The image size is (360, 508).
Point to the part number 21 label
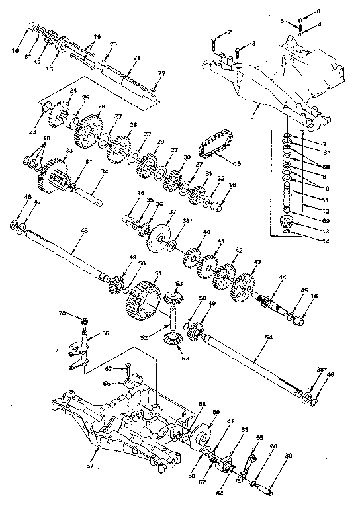tap(136, 58)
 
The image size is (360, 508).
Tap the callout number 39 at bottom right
tap(288, 456)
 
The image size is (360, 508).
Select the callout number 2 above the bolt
tap(230, 31)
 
